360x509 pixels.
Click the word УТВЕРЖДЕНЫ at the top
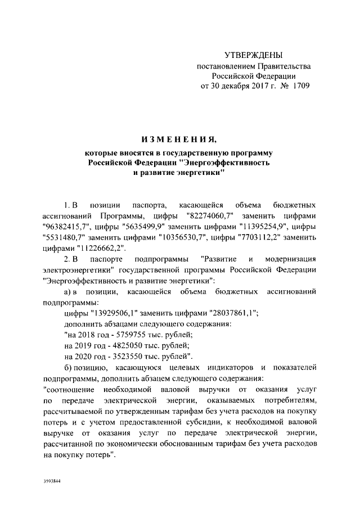[253, 55]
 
